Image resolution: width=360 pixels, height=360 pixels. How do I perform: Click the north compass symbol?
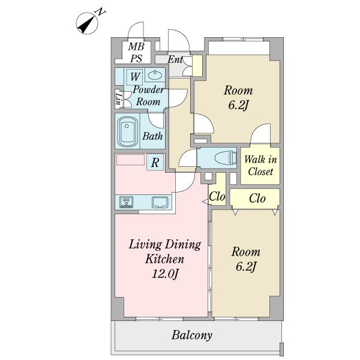click(x=88, y=22)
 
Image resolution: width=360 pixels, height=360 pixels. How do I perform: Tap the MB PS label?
click(x=136, y=52)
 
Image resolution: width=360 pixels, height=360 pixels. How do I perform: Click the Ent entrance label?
click(x=175, y=59)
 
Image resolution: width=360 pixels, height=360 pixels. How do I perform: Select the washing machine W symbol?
click(x=135, y=77)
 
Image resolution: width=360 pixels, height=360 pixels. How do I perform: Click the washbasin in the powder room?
click(x=155, y=75)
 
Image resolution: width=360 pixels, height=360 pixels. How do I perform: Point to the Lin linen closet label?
click(x=118, y=99)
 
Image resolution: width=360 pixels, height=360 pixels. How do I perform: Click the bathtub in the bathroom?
click(x=127, y=131)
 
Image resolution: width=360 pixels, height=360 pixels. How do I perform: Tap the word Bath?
click(x=152, y=136)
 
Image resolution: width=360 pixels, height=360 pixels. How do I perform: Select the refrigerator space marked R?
click(x=155, y=163)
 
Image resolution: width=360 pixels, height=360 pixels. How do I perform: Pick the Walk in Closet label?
click(x=260, y=166)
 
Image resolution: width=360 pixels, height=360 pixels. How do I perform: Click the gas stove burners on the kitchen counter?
click(x=126, y=202)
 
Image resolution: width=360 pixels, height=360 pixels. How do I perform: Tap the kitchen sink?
click(x=160, y=202)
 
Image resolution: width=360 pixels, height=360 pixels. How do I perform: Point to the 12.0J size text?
click(x=165, y=274)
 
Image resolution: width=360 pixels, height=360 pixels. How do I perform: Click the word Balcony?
click(x=192, y=335)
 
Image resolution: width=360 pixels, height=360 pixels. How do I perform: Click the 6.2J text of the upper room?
click(x=238, y=106)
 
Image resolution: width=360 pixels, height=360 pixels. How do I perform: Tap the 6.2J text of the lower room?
click(x=246, y=267)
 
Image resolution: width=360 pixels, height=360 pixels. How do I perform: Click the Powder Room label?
click(x=148, y=95)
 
